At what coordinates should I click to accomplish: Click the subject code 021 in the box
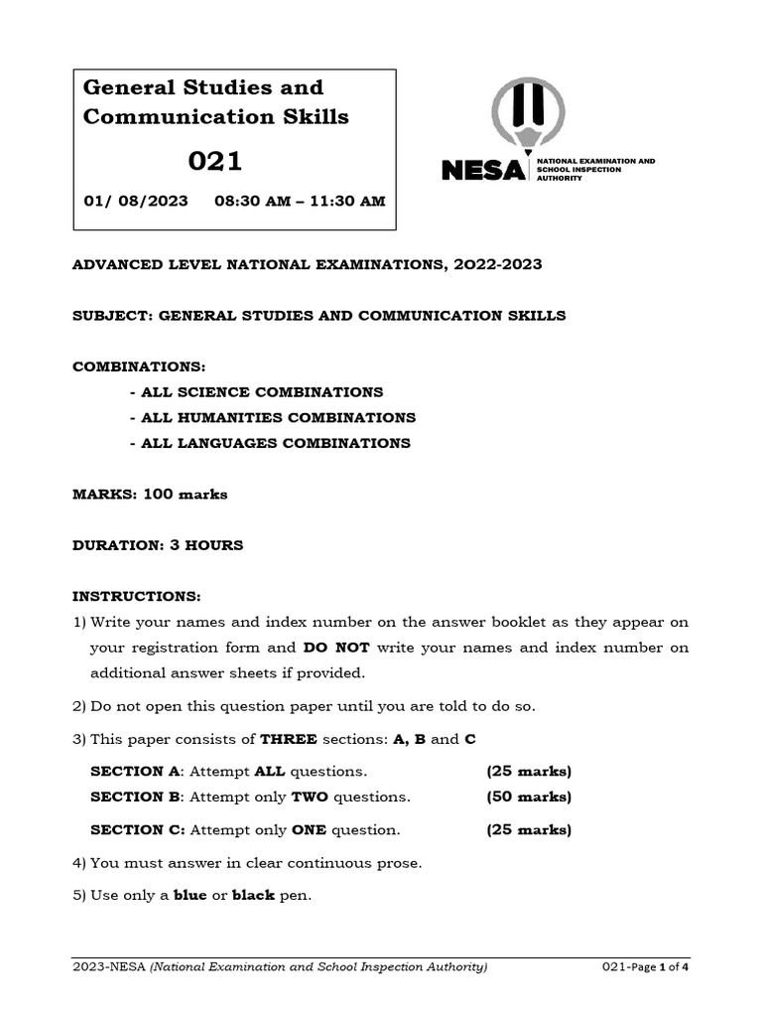tap(215, 161)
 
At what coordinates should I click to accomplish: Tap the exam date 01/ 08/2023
tap(135, 201)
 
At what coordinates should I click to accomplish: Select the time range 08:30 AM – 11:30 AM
tap(300, 201)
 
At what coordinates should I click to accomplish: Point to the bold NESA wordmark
tap(483, 171)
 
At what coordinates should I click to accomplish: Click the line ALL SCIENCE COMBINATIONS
tap(256, 392)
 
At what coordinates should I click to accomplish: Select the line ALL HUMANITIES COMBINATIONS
tap(273, 418)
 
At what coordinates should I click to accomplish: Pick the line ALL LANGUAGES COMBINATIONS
tap(270, 444)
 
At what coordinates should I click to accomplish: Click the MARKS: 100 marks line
tap(150, 495)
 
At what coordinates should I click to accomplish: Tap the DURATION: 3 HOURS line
tap(158, 545)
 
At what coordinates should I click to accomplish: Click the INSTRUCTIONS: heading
tap(137, 597)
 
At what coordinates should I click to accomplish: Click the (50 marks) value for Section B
tap(529, 798)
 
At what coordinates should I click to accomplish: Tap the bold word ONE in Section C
tap(309, 830)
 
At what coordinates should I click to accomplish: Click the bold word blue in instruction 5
tap(190, 896)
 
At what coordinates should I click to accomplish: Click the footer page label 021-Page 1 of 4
tap(646, 968)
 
